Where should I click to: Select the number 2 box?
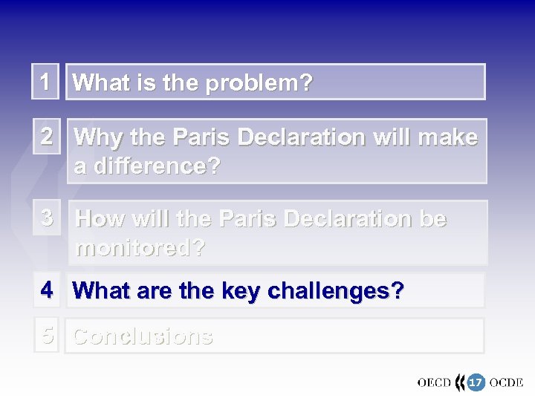click(46, 137)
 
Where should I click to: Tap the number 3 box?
click(46, 218)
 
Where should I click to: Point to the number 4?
click(46, 290)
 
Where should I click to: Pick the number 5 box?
click(47, 336)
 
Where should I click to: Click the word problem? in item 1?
click(259, 83)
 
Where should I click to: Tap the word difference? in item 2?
click(147, 166)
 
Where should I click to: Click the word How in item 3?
click(100, 219)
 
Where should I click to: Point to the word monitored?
click(140, 248)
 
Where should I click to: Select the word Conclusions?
click(143, 336)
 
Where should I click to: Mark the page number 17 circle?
click(475, 382)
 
